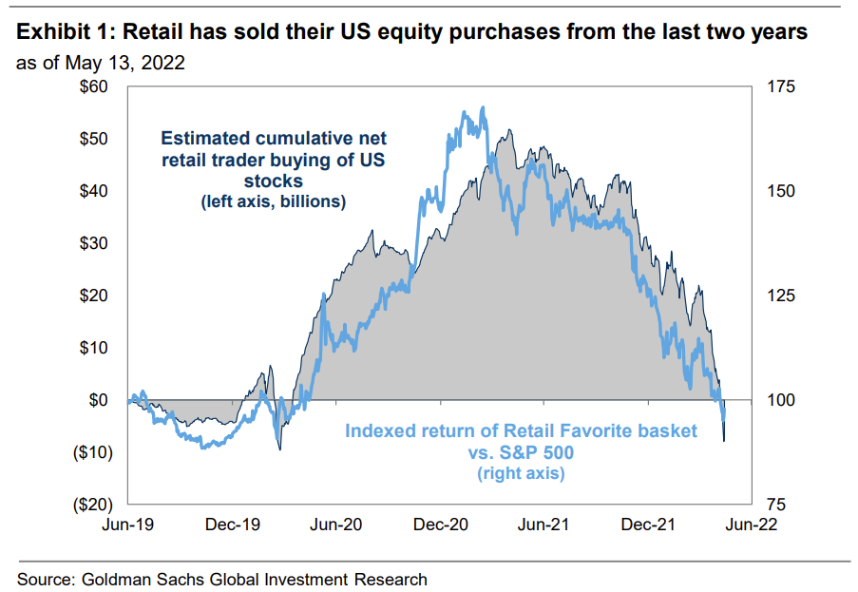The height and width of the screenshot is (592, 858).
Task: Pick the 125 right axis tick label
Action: point(778,296)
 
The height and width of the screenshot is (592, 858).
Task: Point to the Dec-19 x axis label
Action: point(232,524)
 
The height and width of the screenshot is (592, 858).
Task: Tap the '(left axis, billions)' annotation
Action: point(273,201)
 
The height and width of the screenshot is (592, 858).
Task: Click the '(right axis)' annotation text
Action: point(522,472)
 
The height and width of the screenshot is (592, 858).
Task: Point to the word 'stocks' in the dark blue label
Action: point(273,181)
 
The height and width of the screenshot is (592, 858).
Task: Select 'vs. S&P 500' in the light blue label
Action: point(522,452)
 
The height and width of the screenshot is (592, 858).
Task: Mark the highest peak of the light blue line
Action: point(484,107)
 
